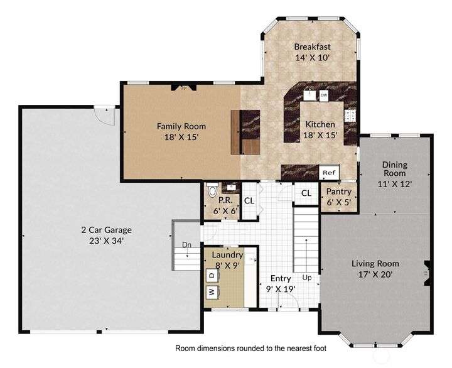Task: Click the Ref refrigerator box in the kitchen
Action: [329, 173]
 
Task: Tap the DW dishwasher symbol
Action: [324, 95]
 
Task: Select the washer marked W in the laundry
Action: [212, 292]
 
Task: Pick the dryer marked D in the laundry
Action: [212, 276]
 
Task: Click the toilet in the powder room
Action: [212, 190]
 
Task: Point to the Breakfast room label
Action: [312, 46]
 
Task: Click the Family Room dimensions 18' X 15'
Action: [181, 137]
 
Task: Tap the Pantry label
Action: [339, 192]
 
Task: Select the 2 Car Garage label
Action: [106, 230]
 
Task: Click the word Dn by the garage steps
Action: [187, 245]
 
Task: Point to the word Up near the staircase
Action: [307, 278]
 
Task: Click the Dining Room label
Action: [395, 169]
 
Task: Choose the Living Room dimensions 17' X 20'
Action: [375, 274]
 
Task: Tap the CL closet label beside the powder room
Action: [249, 201]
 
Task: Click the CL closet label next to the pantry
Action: [306, 193]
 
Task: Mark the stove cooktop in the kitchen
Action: [350, 116]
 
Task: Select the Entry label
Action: [281, 279]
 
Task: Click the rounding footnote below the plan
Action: [250, 349]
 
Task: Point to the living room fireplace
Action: [428, 273]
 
